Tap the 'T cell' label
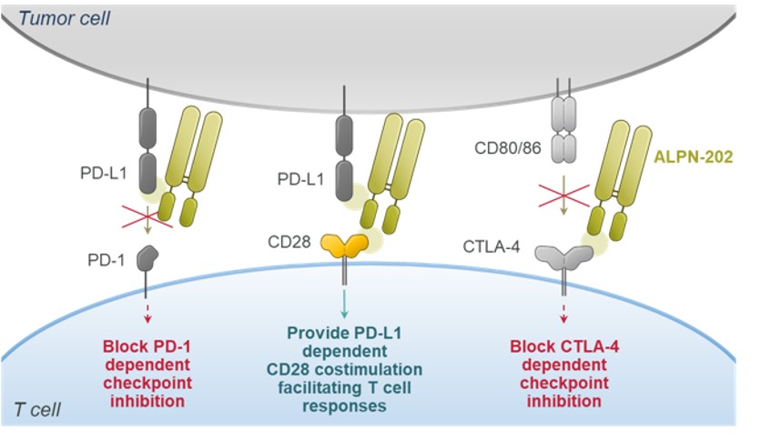click(x=37, y=409)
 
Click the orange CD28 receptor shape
click(x=343, y=245)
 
